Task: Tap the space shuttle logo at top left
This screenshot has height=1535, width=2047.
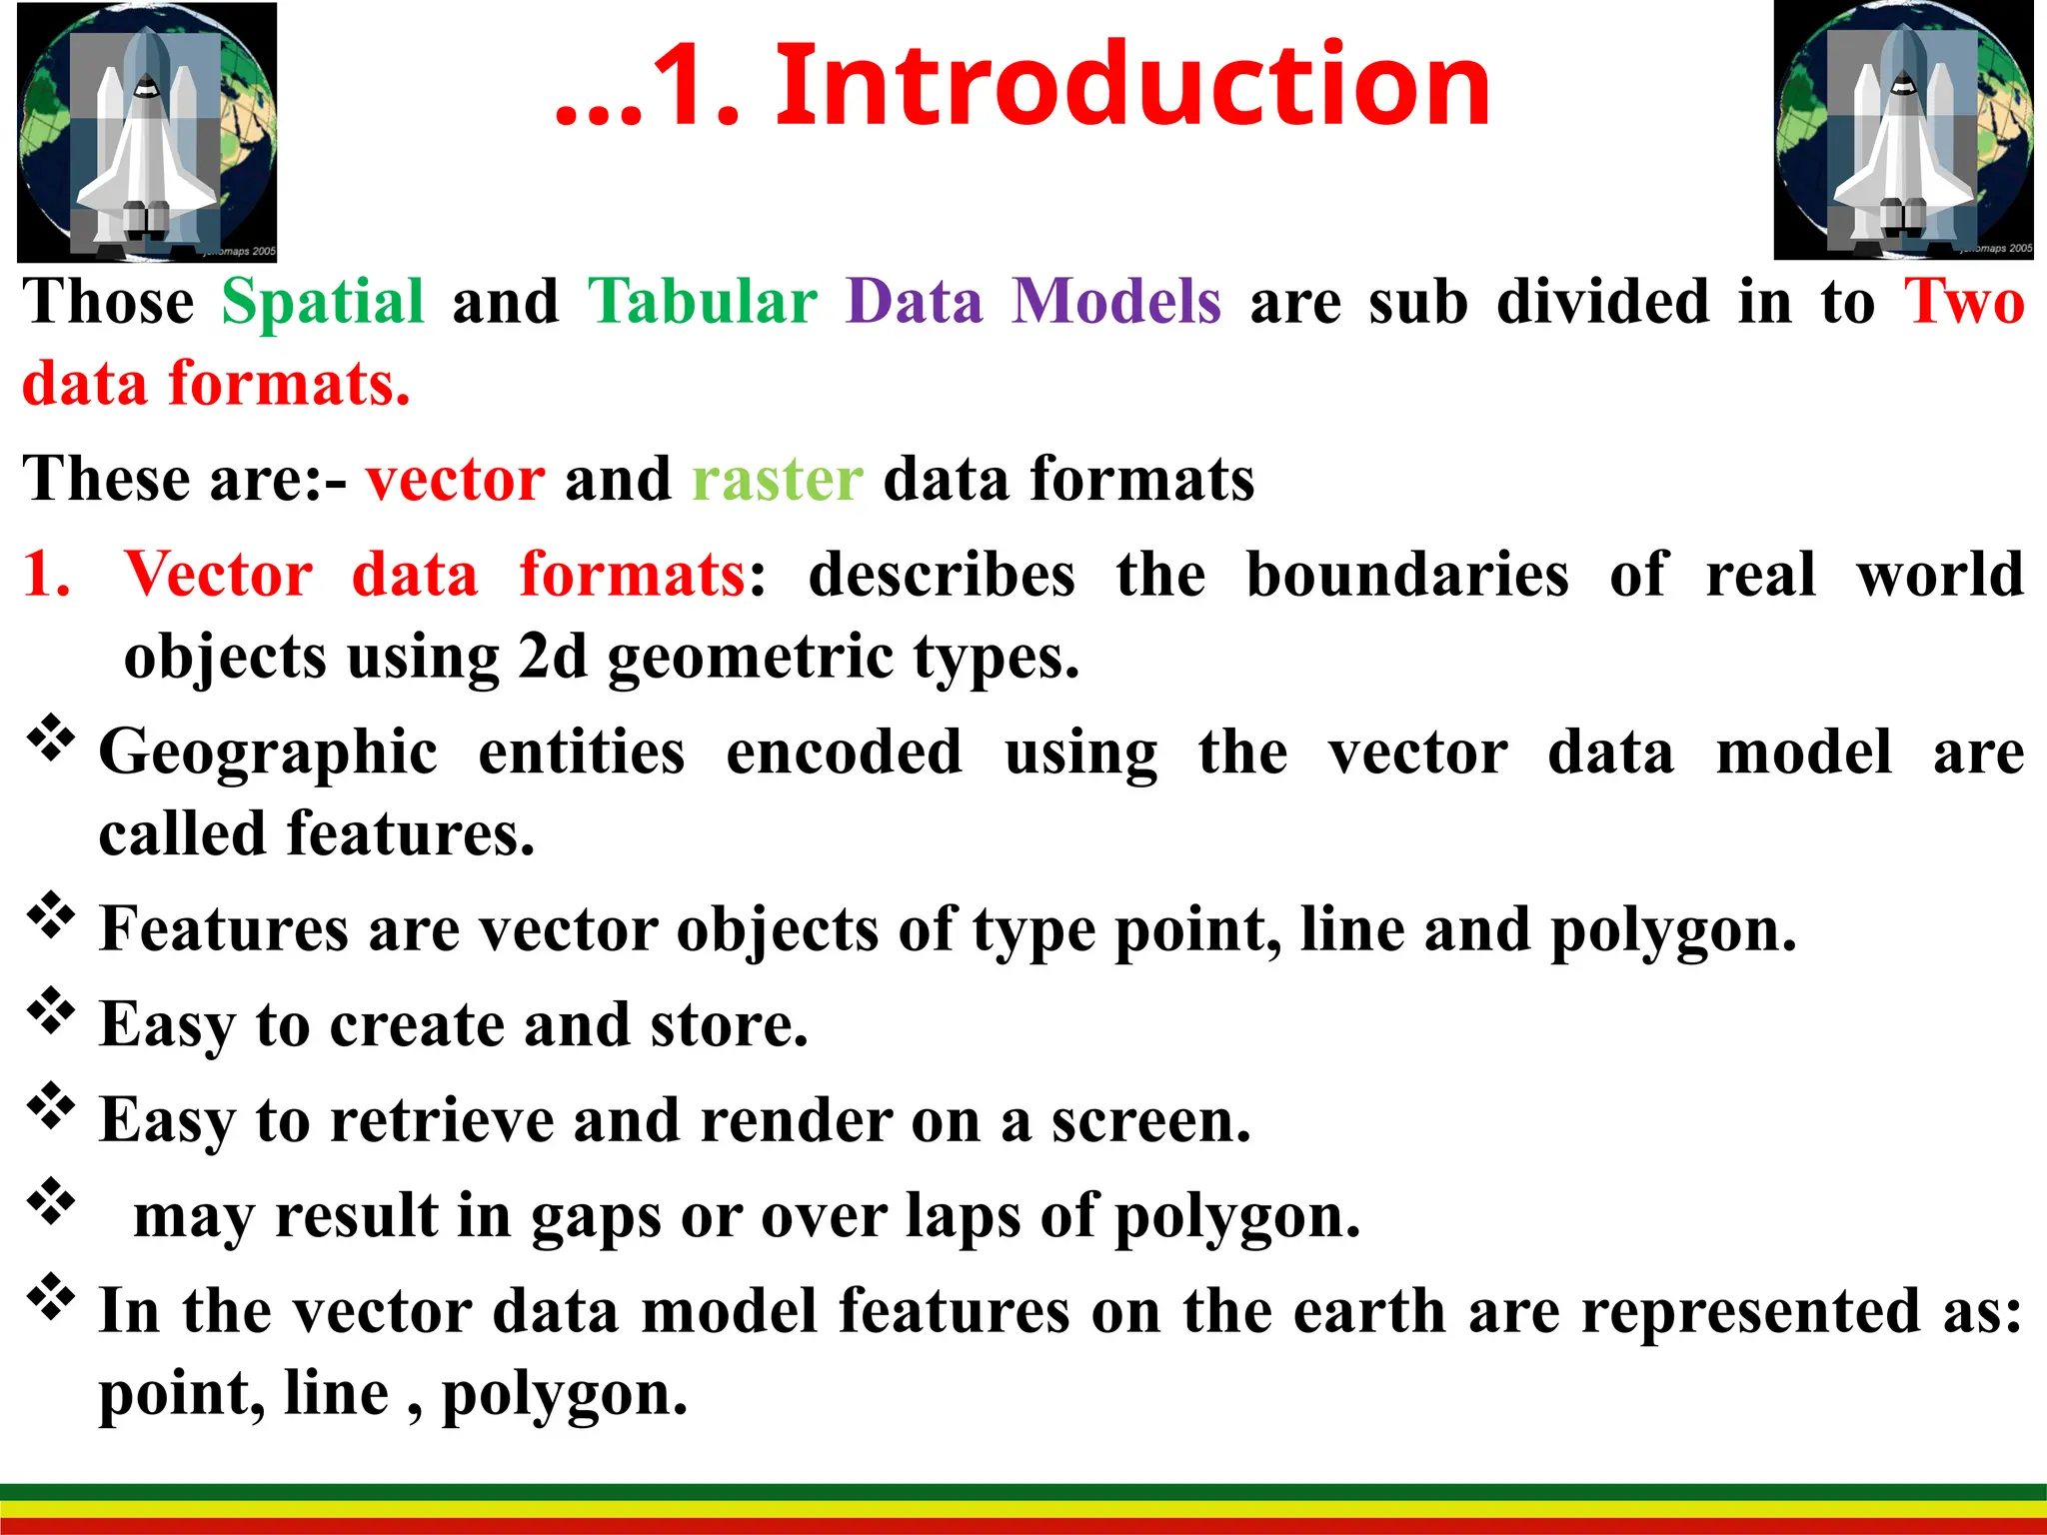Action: (147, 132)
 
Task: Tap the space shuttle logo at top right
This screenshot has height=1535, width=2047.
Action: (1903, 130)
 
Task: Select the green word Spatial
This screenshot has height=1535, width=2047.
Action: (323, 303)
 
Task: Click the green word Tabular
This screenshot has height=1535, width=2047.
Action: (703, 303)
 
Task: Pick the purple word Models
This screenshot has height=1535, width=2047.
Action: (1115, 303)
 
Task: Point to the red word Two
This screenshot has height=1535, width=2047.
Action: (1963, 303)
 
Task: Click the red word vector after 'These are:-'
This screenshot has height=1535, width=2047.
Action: (455, 480)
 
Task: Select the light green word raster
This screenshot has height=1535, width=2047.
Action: (777, 480)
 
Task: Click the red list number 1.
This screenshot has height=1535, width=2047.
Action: (47, 576)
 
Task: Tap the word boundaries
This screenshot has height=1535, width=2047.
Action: (1407, 576)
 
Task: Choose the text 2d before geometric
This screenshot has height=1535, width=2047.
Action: (553, 658)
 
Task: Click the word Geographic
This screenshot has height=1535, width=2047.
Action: (268, 754)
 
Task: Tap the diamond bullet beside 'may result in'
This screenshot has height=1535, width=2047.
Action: (51, 1202)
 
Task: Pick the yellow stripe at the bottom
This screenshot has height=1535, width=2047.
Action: (1023, 1509)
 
